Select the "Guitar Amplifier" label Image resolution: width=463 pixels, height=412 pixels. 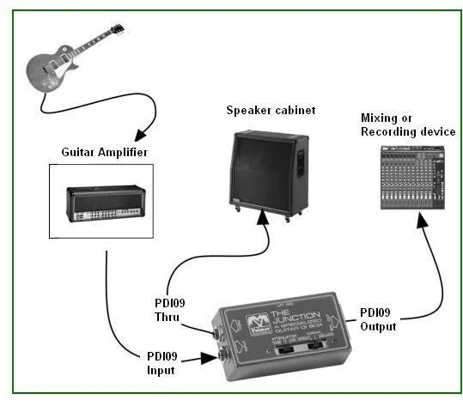tap(104, 152)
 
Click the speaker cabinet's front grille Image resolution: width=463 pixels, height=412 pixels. tap(262, 167)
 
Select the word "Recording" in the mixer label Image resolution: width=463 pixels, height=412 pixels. tap(393, 131)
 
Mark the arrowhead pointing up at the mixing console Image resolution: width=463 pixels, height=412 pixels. tap(420, 221)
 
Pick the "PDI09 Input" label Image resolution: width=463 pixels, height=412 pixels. tap(163, 363)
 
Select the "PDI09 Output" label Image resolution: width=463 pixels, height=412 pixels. tap(377, 319)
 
